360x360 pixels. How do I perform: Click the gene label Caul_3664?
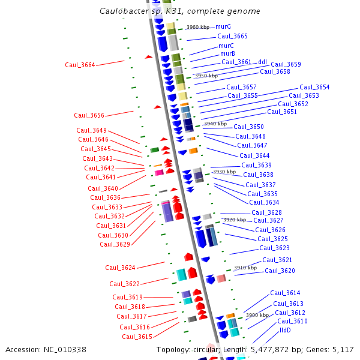[x=80, y=65]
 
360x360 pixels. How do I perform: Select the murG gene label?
[x=223, y=27]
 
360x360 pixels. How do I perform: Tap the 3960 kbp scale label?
[x=198, y=28]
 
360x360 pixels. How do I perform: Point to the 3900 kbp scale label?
[x=257, y=315]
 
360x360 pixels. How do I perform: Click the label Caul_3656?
[x=89, y=115]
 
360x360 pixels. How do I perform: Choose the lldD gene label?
[x=285, y=330]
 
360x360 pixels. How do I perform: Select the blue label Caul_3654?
[x=314, y=88]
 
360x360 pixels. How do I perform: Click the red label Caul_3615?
[x=137, y=337]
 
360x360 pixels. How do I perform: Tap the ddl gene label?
[x=263, y=62]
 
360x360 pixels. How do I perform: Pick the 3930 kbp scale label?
[x=224, y=172]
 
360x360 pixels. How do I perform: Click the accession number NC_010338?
[x=67, y=350]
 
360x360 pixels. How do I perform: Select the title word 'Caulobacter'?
[x=125, y=11]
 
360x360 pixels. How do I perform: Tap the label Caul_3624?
[x=120, y=268]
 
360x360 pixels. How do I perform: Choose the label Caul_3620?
[x=280, y=271]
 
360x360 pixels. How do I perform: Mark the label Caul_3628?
[x=266, y=213]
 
